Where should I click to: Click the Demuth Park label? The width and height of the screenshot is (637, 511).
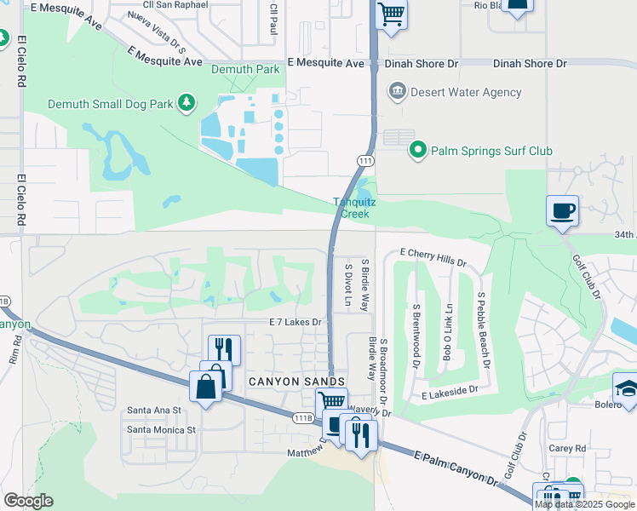(x=244, y=69)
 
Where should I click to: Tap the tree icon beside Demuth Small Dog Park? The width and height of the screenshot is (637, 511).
(x=186, y=103)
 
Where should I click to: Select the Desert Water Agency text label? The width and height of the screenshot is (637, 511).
(x=454, y=92)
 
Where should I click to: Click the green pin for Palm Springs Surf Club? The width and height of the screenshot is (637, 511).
(x=417, y=151)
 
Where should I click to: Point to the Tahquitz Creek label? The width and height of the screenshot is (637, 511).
(x=353, y=208)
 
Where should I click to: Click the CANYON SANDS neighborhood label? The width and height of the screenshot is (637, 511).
(x=296, y=382)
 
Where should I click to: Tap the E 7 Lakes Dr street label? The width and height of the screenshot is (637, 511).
(x=295, y=322)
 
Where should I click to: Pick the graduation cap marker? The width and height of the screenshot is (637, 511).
(x=625, y=387)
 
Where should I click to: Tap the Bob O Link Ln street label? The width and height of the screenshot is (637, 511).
(x=448, y=331)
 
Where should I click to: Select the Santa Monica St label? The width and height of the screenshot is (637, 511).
(x=161, y=429)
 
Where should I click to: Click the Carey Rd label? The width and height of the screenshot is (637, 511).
(x=568, y=448)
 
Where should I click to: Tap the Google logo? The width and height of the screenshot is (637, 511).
(x=28, y=501)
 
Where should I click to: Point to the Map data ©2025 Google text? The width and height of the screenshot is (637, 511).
(x=584, y=504)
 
